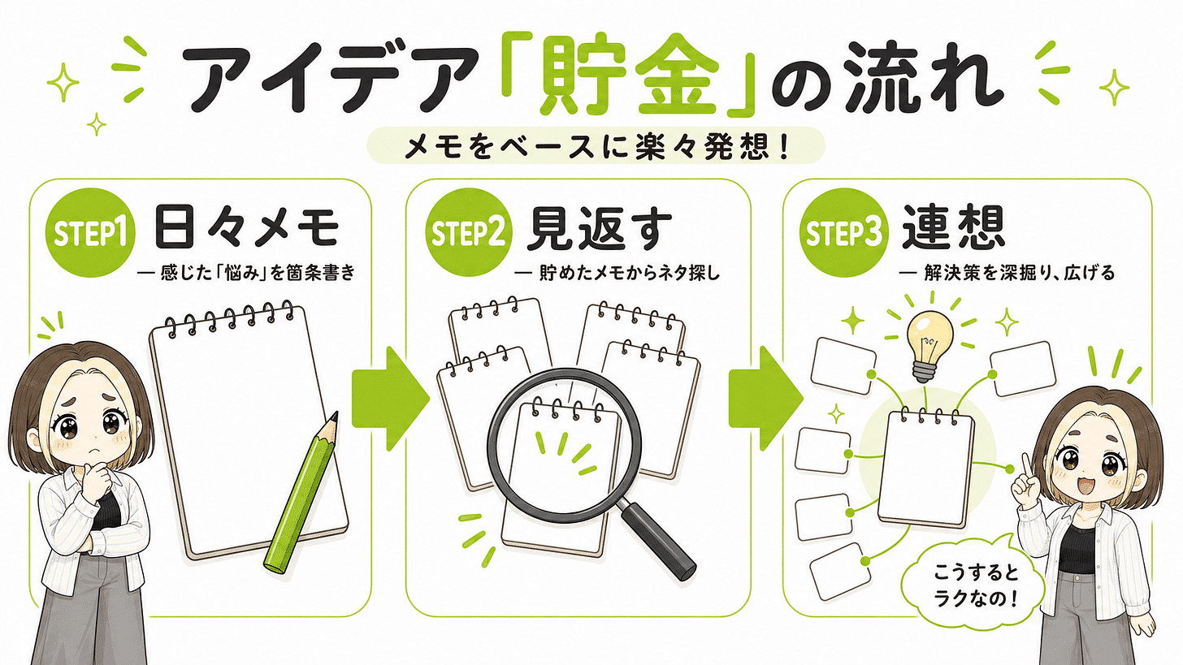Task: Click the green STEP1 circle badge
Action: pyautogui.click(x=90, y=233)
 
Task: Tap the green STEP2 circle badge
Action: pyautogui.click(x=469, y=233)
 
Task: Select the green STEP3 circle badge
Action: pyautogui.click(x=843, y=233)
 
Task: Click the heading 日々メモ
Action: pyautogui.click(x=246, y=228)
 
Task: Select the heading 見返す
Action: pyautogui.click(x=599, y=228)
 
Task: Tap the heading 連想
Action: pyautogui.click(x=953, y=228)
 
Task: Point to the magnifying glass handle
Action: pyautogui.click(x=657, y=542)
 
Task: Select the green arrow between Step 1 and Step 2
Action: pyautogui.click(x=390, y=399)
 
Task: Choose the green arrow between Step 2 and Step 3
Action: pyautogui.click(x=765, y=399)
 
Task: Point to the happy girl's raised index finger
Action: pyautogui.click(x=1025, y=464)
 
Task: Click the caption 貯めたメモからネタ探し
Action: pyautogui.click(x=629, y=274)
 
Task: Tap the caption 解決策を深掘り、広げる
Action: pyautogui.click(x=1019, y=274)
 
